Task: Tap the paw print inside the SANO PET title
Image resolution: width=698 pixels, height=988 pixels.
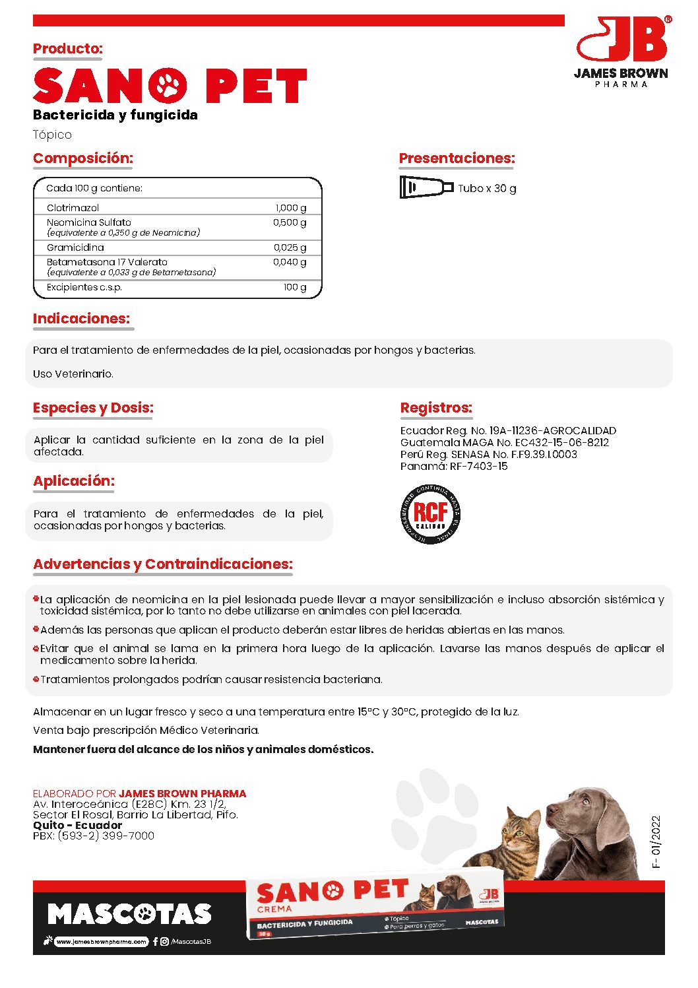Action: click(x=168, y=86)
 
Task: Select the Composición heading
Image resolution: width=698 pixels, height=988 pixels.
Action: click(x=83, y=158)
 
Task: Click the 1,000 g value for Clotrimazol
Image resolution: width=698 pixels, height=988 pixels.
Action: click(x=290, y=208)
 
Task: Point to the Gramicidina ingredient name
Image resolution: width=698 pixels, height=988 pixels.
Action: click(x=75, y=247)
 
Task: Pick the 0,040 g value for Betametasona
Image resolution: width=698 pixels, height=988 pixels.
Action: click(x=290, y=262)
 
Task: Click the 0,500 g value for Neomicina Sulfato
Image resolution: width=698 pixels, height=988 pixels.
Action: click(x=290, y=222)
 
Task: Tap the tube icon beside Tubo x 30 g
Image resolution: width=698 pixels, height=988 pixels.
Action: click(x=426, y=187)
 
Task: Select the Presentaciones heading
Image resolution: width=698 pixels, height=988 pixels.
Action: click(x=457, y=158)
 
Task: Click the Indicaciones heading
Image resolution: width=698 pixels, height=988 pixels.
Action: click(x=82, y=319)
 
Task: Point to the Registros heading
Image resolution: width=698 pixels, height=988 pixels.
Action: click(x=436, y=408)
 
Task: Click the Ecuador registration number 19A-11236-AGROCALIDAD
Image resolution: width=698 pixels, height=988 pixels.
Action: click(x=552, y=430)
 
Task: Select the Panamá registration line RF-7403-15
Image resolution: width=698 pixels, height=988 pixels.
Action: click(x=454, y=466)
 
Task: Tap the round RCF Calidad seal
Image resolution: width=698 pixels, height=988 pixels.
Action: click(x=430, y=514)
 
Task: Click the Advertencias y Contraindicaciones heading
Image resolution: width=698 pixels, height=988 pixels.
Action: click(x=163, y=564)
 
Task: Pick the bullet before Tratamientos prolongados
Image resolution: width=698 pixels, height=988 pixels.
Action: click(x=36, y=678)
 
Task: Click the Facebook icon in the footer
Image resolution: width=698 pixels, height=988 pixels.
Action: click(x=155, y=942)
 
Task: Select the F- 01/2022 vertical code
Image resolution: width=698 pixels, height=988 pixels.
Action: click(x=655, y=841)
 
